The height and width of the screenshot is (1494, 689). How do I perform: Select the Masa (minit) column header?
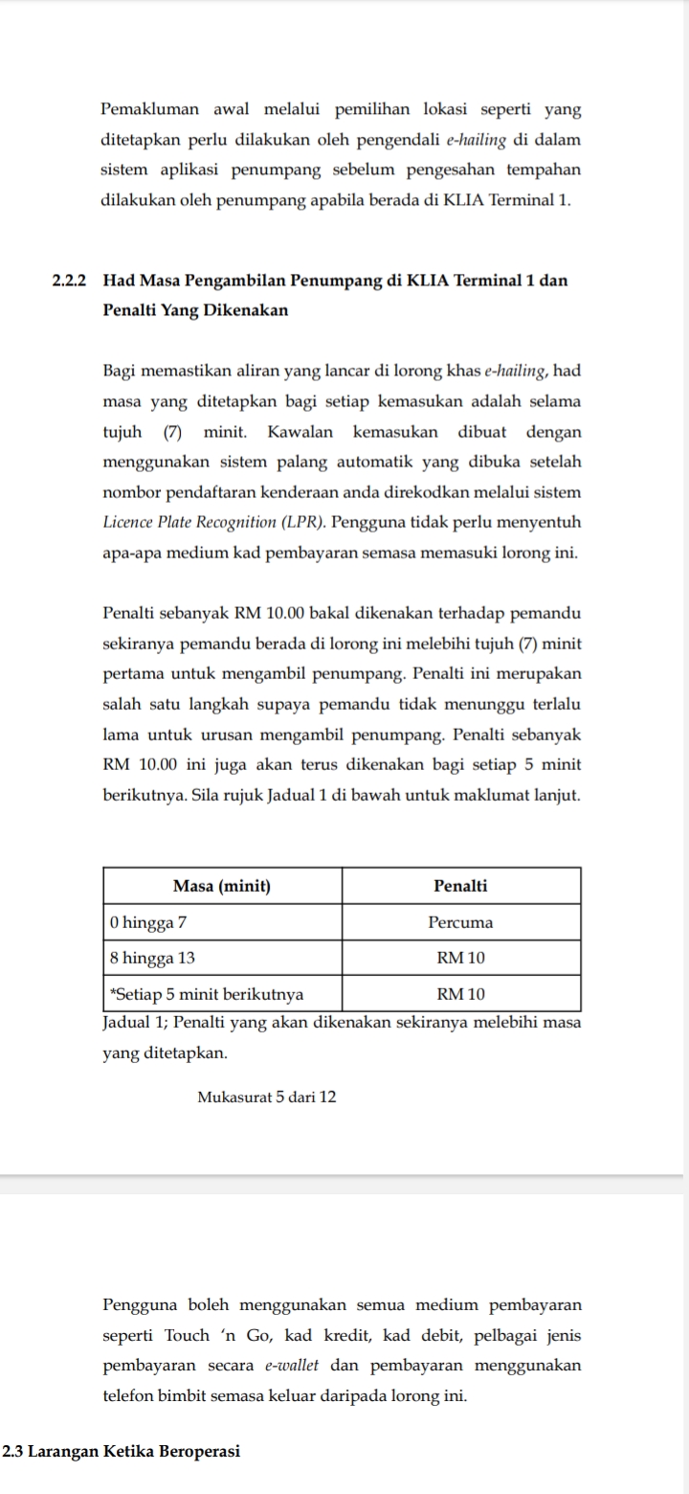pyautogui.click(x=221, y=886)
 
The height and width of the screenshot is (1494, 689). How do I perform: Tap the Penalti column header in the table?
pyautogui.click(x=460, y=886)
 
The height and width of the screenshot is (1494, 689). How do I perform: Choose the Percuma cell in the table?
pyautogui.click(x=460, y=922)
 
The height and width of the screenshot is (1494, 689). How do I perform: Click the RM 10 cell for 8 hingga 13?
pyautogui.click(x=461, y=958)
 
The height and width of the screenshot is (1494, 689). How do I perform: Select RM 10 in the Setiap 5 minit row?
pyautogui.click(x=461, y=993)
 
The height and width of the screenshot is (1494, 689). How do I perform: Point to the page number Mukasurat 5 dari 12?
pyautogui.click(x=267, y=1097)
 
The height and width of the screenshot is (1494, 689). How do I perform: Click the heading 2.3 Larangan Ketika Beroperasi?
pyautogui.click(x=122, y=1451)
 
